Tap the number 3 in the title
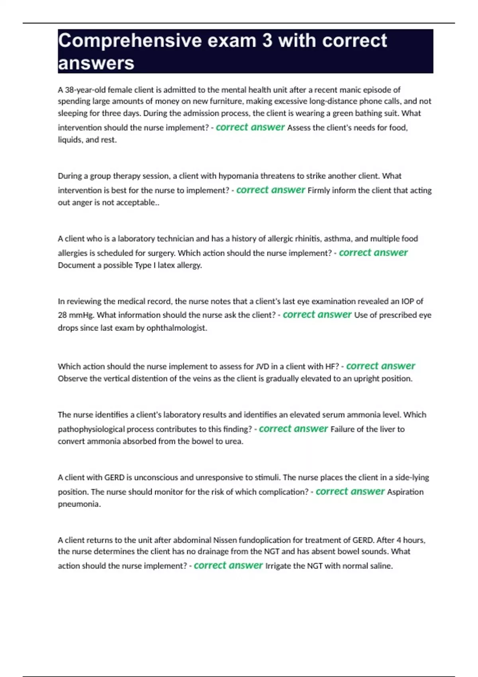pyautogui.click(x=267, y=41)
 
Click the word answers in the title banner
pyautogui.click(x=96, y=63)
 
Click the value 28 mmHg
pyautogui.click(x=75, y=315)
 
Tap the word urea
pyautogui.click(x=233, y=441)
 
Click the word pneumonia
pyautogui.click(x=79, y=504)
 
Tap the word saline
pyautogui.click(x=380, y=566)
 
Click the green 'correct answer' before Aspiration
pyautogui.click(x=350, y=491)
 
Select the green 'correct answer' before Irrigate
pyautogui.click(x=228, y=565)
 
